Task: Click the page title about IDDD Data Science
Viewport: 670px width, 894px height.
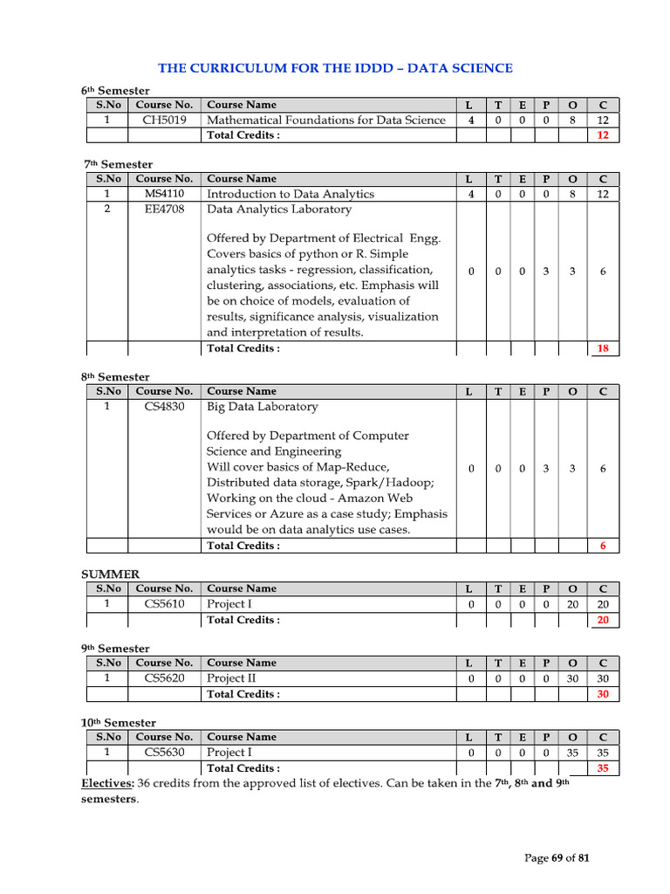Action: [x=335, y=68]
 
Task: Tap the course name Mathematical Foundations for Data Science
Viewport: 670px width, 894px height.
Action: [x=325, y=120]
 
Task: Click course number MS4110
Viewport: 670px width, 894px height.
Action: [x=164, y=194]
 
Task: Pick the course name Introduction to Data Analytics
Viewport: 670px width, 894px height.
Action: [x=290, y=194]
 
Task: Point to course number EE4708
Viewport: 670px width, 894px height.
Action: [x=164, y=210]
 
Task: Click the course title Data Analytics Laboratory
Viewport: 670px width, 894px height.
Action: [x=279, y=210]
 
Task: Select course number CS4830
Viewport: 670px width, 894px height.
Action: [x=164, y=407]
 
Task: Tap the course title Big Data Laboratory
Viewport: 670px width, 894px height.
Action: [x=262, y=407]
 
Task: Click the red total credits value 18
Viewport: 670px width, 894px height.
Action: [x=603, y=349]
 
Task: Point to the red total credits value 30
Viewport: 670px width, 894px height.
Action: [x=603, y=695]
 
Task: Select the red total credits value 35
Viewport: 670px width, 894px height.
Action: [x=603, y=769]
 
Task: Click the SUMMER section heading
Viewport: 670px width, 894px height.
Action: [x=110, y=574]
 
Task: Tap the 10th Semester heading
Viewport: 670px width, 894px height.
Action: [x=119, y=723]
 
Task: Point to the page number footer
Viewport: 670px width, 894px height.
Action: [x=557, y=858]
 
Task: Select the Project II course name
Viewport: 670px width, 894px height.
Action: [x=231, y=678]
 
